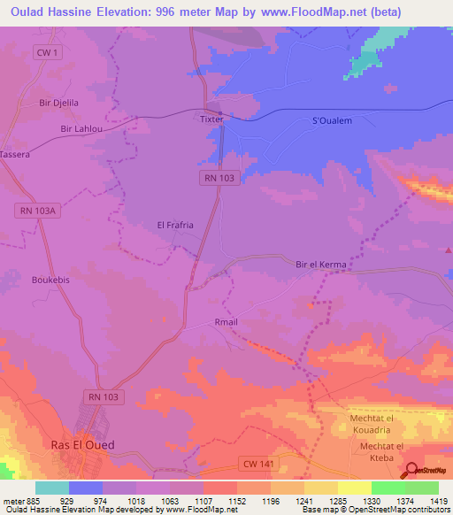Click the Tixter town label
tap(212, 118)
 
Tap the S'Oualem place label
tap(334, 120)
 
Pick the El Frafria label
tap(175, 226)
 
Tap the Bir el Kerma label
tap(319, 265)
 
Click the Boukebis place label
tap(50, 280)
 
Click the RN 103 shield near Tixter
tap(218, 179)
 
